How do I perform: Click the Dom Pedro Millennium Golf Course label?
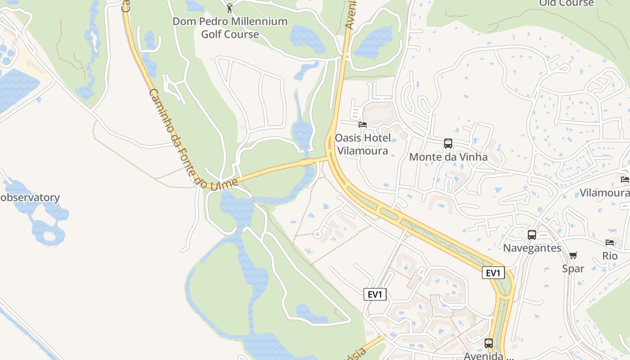[x=230, y=27]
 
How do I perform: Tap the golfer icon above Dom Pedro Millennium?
[x=230, y=8]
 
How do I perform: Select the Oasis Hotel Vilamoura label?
[x=363, y=144]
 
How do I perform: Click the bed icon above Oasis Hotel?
[x=362, y=124]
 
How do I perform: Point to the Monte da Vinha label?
[x=448, y=157]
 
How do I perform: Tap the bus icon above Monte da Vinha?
[x=448, y=144]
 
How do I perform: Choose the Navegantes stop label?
[x=532, y=248]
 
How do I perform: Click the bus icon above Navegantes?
[x=531, y=234]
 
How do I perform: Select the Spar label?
[x=573, y=269]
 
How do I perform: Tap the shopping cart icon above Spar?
[x=573, y=256]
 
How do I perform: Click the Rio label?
[x=610, y=256]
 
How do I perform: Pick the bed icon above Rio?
[x=610, y=243]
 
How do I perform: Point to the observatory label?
[x=30, y=198]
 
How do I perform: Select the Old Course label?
[x=566, y=3]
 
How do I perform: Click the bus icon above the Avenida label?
[x=489, y=343]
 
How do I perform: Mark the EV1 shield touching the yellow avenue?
[x=493, y=273]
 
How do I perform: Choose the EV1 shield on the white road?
[x=375, y=294]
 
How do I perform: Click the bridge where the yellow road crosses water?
[x=308, y=162]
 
